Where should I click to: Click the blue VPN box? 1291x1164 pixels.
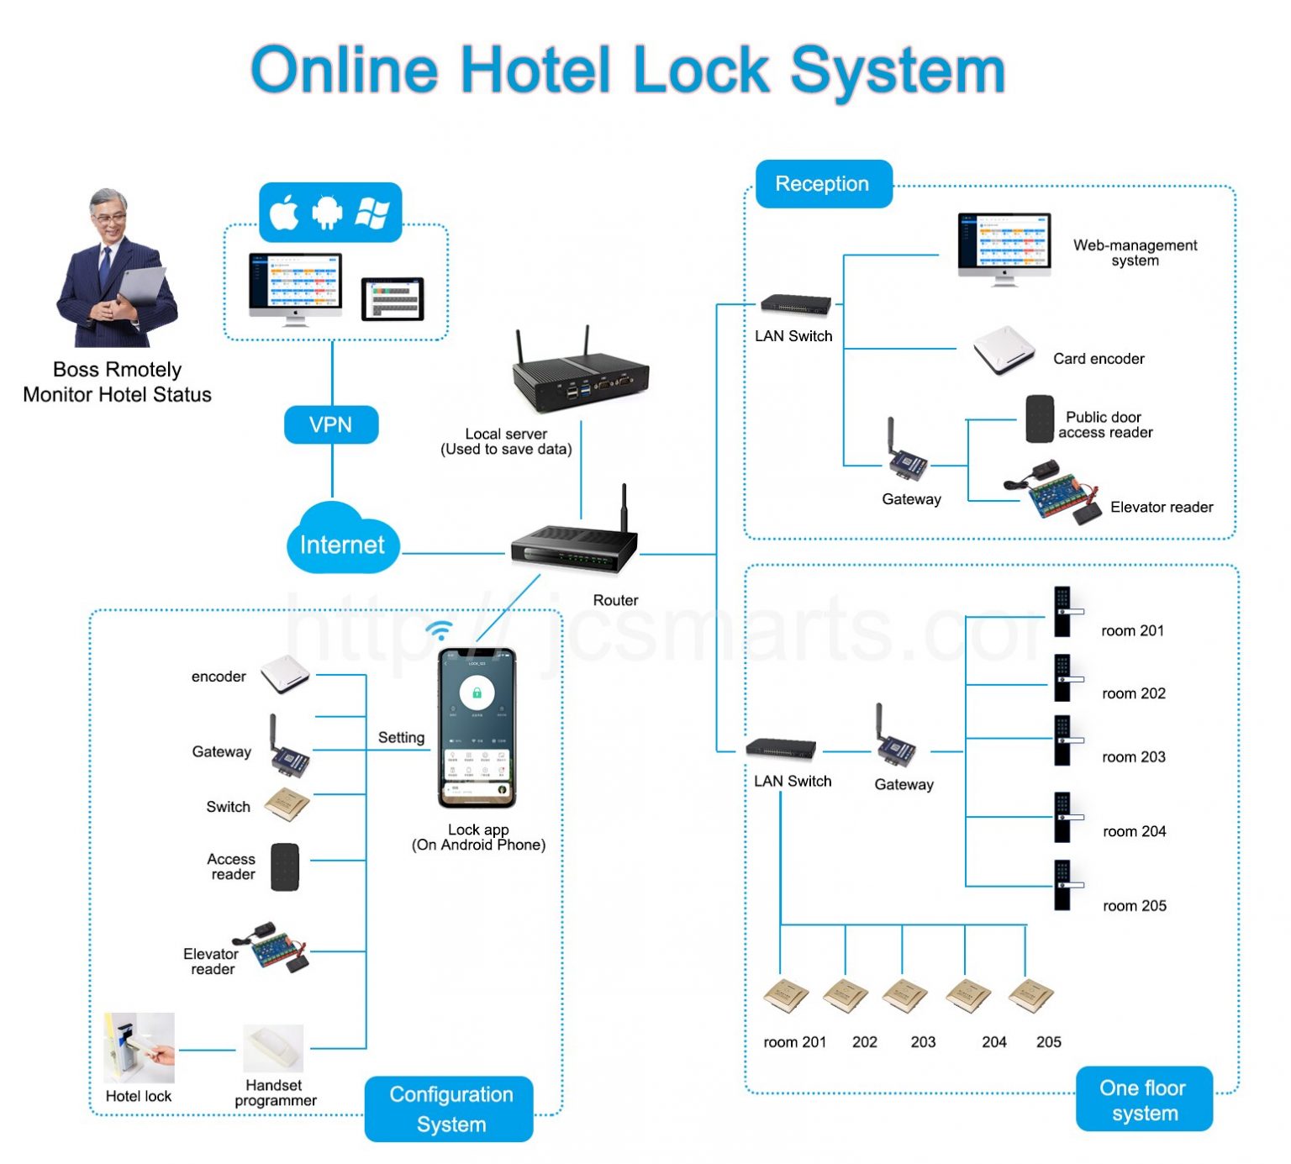point(331,425)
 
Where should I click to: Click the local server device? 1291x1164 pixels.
point(580,374)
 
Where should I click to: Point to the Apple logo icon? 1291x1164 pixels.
point(285,213)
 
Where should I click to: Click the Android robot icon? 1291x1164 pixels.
point(328,213)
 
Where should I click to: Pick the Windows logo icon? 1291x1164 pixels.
point(372,213)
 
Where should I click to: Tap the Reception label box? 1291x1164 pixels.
point(823,184)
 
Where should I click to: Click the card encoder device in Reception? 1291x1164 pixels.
point(1004,350)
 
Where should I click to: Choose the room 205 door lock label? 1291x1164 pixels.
point(1134,906)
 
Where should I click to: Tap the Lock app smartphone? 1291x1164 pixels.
point(477,728)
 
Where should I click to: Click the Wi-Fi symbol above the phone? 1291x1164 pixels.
point(439,630)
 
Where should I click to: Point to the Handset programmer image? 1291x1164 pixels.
point(273,1048)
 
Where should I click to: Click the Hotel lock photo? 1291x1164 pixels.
point(139,1048)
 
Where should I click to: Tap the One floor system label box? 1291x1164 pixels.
point(1143,1099)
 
